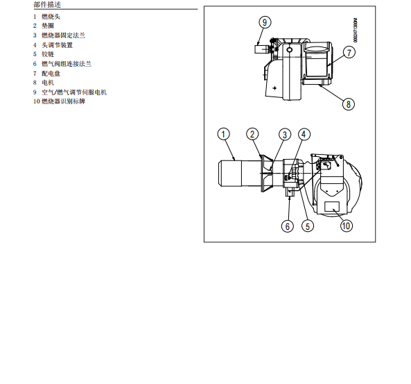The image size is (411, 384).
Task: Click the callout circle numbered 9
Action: pyautogui.click(x=265, y=22)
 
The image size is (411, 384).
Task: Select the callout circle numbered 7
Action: pyautogui.click(x=349, y=53)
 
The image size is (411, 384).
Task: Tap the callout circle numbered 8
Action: pyautogui.click(x=349, y=104)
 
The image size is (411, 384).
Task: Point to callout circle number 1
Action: pyautogui.click(x=223, y=134)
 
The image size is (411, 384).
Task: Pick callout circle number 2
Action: pyautogui.click(x=252, y=134)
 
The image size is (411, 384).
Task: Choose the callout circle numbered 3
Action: pyautogui.click(x=285, y=135)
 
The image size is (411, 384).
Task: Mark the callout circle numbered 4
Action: pyautogui.click(x=304, y=135)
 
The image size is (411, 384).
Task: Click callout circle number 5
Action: pyautogui.click(x=308, y=226)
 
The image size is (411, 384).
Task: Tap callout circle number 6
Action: pyautogui.click(x=288, y=226)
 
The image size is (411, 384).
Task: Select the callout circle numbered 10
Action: pyautogui.click(x=347, y=226)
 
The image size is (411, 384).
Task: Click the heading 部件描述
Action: pyautogui.click(x=47, y=4)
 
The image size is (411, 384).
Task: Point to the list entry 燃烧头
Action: pyautogui.click(x=51, y=17)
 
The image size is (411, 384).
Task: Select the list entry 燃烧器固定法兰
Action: pyautogui.click(x=64, y=35)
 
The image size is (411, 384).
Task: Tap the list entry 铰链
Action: pyautogui.click(x=48, y=54)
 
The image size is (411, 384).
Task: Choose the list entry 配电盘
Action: pyautogui.click(x=51, y=74)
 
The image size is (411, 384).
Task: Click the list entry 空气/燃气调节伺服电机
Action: pyautogui.click(x=74, y=92)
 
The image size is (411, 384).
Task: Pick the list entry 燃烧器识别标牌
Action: pyautogui.click(x=64, y=101)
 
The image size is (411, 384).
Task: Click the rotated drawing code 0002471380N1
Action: pyautogui.click(x=355, y=30)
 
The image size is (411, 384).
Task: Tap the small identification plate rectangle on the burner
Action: pyautogui.click(x=332, y=206)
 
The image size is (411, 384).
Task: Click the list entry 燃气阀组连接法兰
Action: pyautogui.click(x=67, y=64)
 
